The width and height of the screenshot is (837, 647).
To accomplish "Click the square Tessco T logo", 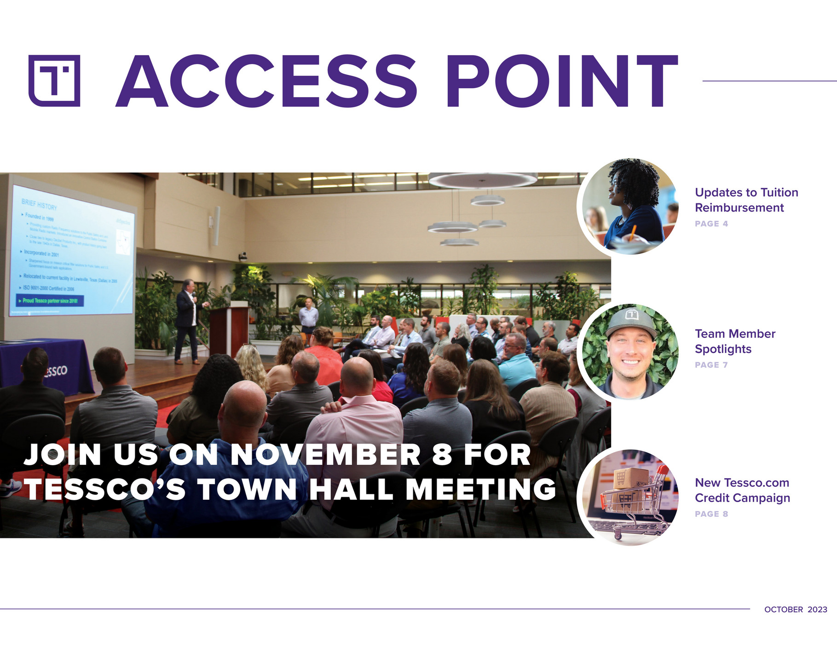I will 54,81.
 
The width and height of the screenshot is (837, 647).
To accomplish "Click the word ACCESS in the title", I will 266,81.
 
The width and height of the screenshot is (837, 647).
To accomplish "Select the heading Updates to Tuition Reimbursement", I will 746,200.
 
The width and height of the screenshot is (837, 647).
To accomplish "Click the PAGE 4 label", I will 711,224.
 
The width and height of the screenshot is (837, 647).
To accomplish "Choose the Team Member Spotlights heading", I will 735,341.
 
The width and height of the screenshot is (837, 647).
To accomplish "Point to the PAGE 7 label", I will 711,365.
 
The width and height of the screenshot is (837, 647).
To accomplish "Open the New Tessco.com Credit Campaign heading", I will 742,490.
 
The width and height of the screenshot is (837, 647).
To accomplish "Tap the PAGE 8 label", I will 711,514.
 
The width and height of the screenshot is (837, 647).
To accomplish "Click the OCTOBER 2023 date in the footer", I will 796,609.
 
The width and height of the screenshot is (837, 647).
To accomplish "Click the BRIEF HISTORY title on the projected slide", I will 39,204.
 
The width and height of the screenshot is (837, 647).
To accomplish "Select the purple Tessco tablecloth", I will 46,366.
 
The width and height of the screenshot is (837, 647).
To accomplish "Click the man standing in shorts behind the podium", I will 308,317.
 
